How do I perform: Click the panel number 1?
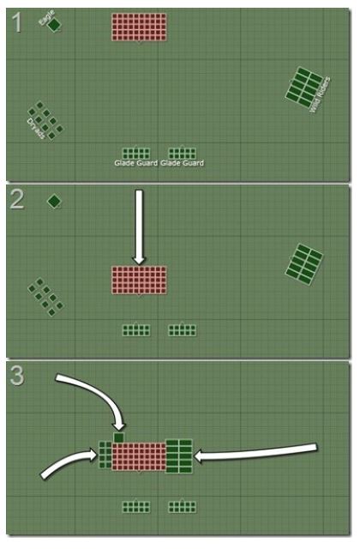(x=16, y=23)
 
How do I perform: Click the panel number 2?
(x=17, y=200)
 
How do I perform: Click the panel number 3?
(x=17, y=376)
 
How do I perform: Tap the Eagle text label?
(x=46, y=17)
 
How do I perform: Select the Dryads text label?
(x=36, y=129)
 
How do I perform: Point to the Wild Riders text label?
(x=320, y=94)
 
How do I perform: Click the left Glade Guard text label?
(x=136, y=163)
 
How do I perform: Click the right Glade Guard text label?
(x=182, y=163)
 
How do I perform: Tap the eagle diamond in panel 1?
(x=54, y=25)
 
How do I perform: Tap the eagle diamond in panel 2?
(x=54, y=202)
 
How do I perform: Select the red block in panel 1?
(x=139, y=27)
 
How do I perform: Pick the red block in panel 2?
(x=139, y=281)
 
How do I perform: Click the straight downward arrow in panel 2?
(x=139, y=226)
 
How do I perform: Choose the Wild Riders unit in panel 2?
(x=304, y=264)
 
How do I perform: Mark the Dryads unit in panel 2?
(x=45, y=297)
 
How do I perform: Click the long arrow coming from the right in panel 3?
(x=255, y=452)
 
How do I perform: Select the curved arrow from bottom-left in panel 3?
(x=69, y=463)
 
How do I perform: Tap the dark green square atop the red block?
(x=119, y=437)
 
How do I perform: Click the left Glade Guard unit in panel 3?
(x=136, y=507)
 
